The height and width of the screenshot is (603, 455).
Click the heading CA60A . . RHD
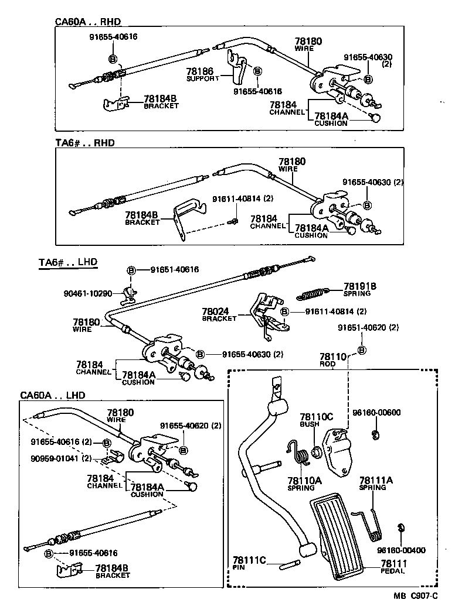point(87,22)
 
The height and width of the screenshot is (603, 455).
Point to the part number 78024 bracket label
point(216,312)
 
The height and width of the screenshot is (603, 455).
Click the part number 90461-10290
point(88,293)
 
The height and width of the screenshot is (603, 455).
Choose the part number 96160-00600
point(376,412)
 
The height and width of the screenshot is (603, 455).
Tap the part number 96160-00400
point(401,550)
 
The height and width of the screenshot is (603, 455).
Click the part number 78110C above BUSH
point(316,416)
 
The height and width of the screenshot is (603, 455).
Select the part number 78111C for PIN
point(249,561)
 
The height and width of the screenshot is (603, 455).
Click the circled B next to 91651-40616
point(131,270)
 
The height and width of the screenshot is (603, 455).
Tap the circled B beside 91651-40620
point(361,350)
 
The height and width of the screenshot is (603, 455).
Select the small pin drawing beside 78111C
point(291,564)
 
